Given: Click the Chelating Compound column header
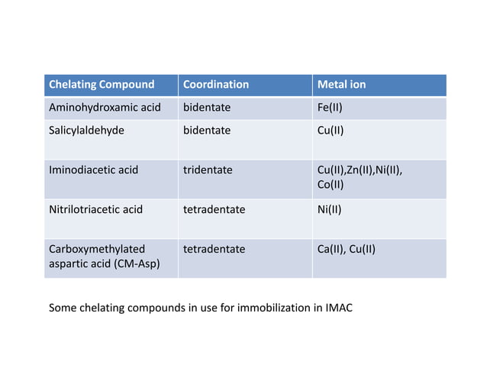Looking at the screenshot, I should (x=102, y=85).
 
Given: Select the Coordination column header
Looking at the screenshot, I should (x=216, y=85).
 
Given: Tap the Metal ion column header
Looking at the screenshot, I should (x=341, y=85).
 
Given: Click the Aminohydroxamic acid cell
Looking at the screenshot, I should (x=105, y=108).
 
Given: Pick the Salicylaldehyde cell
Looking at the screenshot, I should (x=86, y=131).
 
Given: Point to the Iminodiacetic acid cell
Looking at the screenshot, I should (x=93, y=170).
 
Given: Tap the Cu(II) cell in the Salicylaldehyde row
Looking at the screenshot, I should (x=331, y=131).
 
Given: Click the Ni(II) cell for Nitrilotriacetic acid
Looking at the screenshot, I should (x=329, y=209).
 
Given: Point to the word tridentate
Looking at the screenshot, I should (x=208, y=170).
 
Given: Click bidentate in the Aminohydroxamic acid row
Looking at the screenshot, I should (x=207, y=108).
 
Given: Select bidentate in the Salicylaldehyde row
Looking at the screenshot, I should (x=207, y=131).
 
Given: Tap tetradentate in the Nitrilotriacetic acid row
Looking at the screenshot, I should (x=214, y=209).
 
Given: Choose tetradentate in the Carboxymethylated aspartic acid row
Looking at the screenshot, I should (x=214, y=249).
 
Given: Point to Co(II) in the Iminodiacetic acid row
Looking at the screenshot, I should (x=331, y=185).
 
